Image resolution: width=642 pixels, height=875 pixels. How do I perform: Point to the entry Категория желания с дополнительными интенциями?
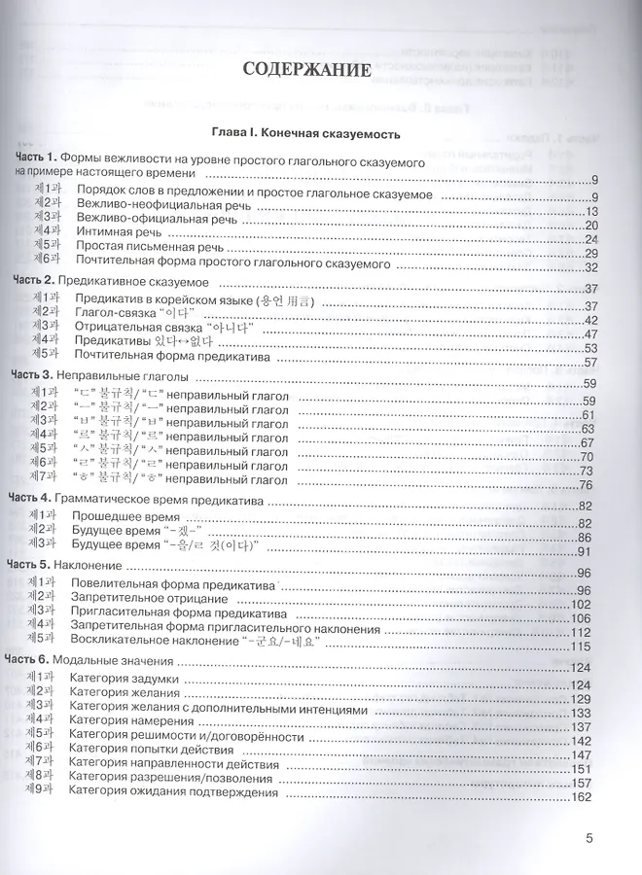coord(219,711)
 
